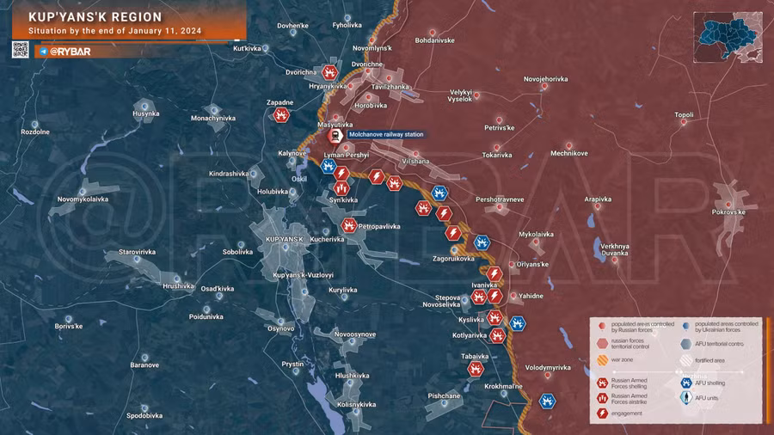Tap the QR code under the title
(20, 50)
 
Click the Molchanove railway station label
(385, 134)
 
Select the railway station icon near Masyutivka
(335, 136)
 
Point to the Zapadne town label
(279, 103)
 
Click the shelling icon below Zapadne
(281, 115)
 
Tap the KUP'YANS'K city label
(286, 237)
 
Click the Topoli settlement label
(684, 114)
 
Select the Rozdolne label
(35, 132)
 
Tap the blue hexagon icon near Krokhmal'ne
(547, 401)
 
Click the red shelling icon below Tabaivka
(475, 368)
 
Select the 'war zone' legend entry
(623, 360)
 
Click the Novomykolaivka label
(83, 199)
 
